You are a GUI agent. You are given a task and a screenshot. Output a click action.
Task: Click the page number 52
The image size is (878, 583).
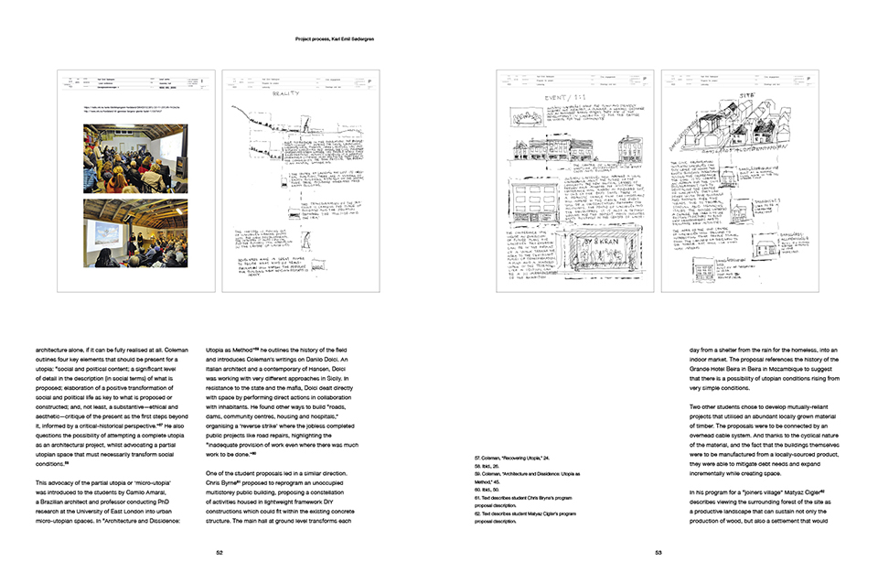[219, 552]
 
